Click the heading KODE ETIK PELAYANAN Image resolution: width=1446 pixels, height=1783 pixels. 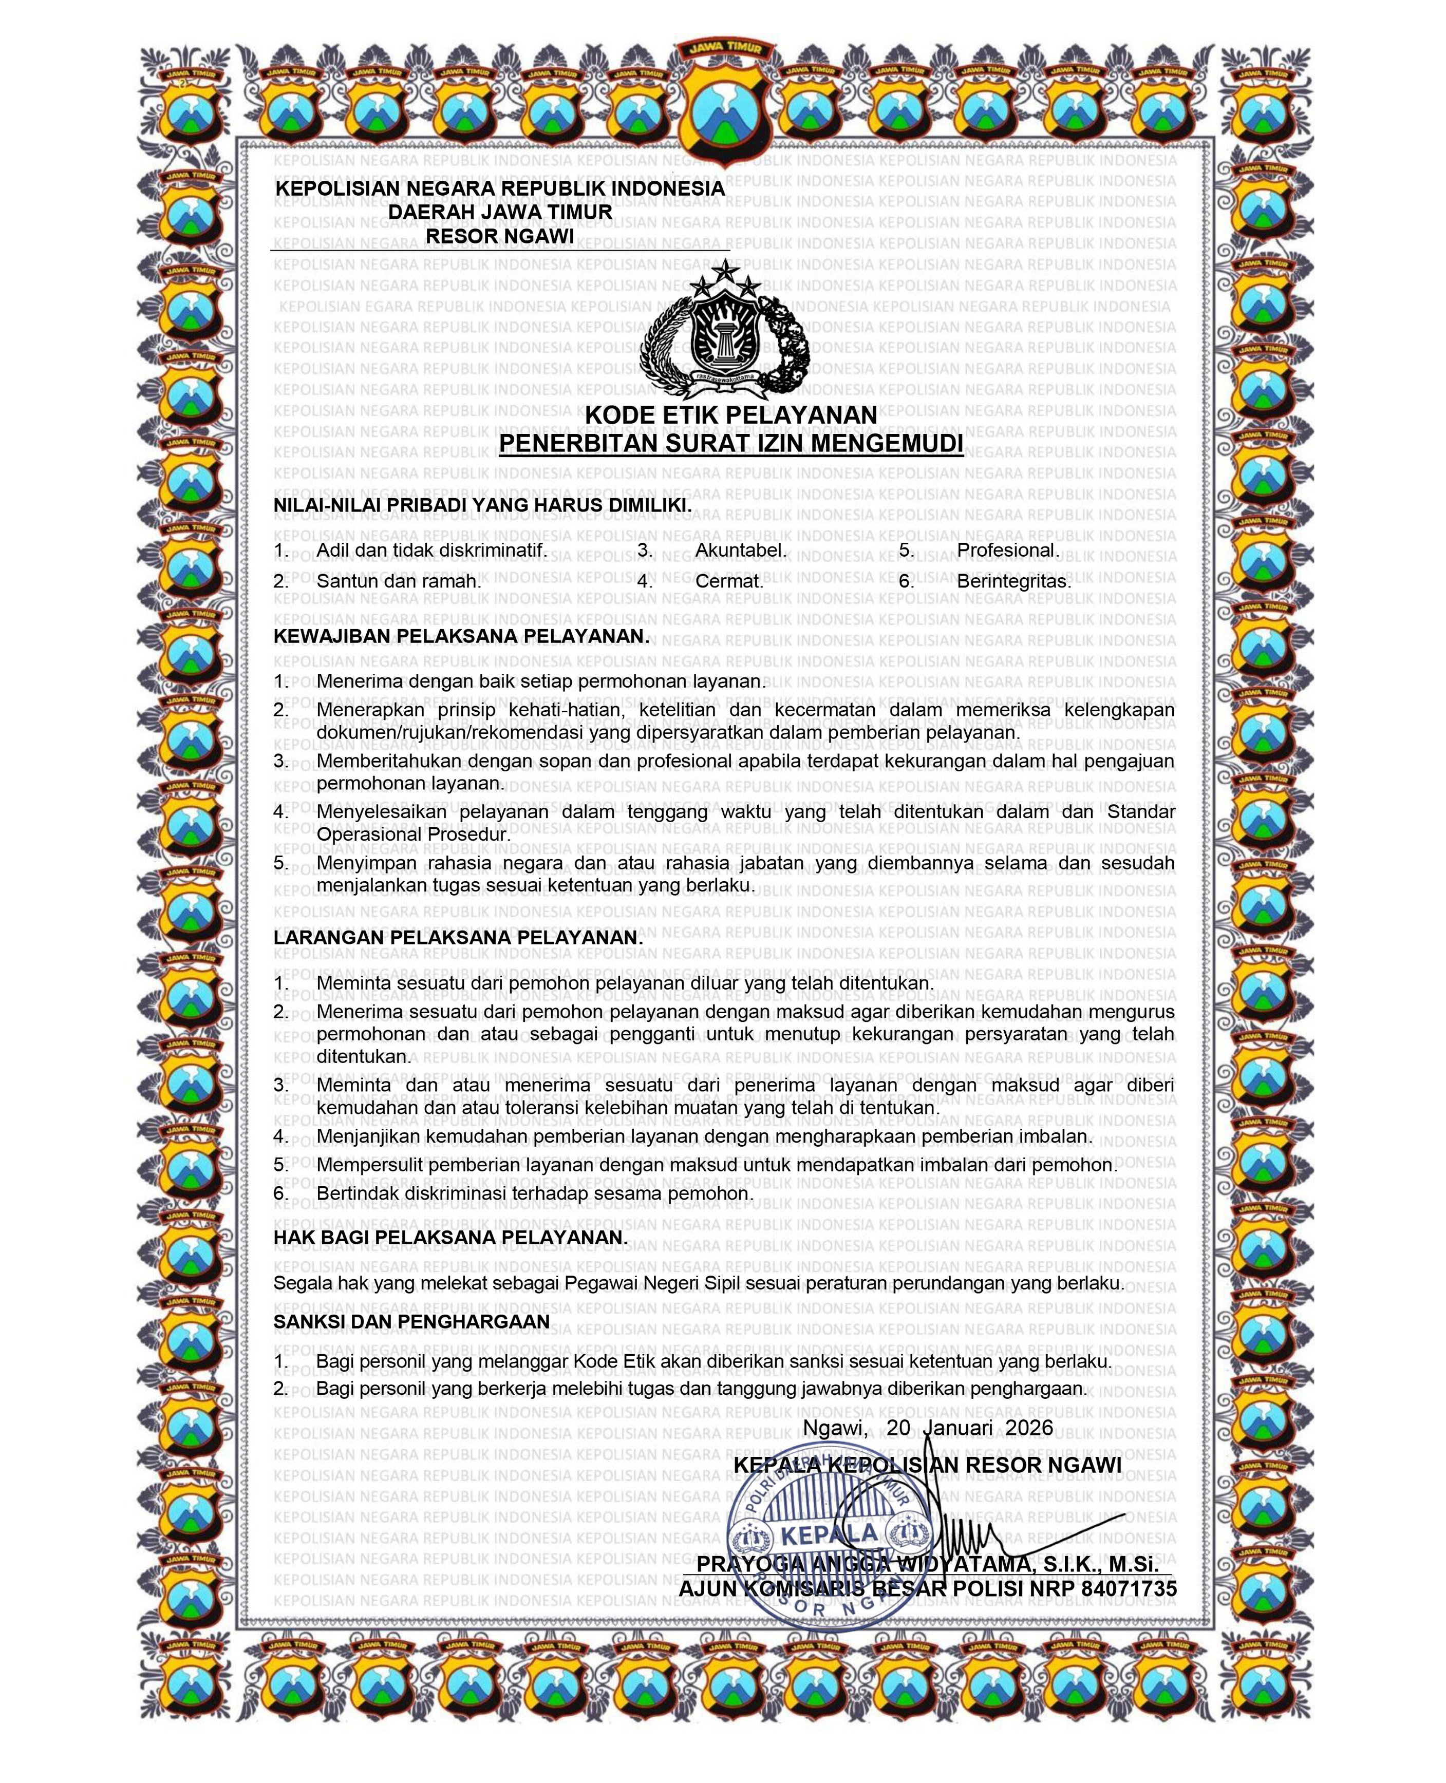point(730,415)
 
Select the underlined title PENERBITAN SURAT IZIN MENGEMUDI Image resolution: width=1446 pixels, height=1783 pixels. point(730,443)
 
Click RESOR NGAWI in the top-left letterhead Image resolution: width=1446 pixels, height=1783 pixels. point(500,237)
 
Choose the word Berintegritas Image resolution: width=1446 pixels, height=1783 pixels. point(1013,581)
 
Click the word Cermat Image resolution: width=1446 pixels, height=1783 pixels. point(729,581)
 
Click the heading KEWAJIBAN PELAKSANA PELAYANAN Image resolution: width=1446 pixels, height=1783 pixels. point(461,636)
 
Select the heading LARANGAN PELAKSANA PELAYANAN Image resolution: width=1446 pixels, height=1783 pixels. point(458,937)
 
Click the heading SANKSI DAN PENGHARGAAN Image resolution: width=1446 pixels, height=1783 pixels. point(411,1322)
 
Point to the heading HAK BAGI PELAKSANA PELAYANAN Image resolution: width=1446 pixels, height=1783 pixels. point(450,1238)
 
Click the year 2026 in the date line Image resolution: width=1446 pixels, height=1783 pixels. point(1029,1428)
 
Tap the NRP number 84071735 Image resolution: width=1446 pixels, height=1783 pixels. point(1129,1589)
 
